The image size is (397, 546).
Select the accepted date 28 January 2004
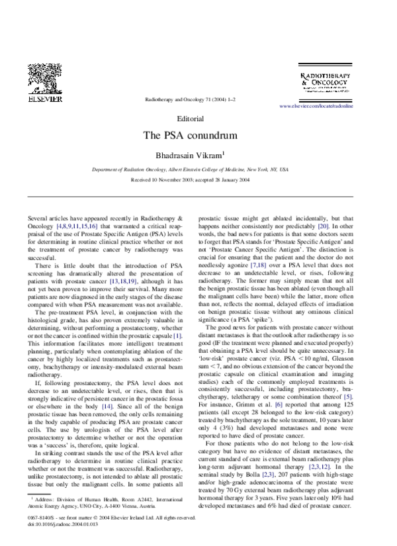click(x=229, y=179)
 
